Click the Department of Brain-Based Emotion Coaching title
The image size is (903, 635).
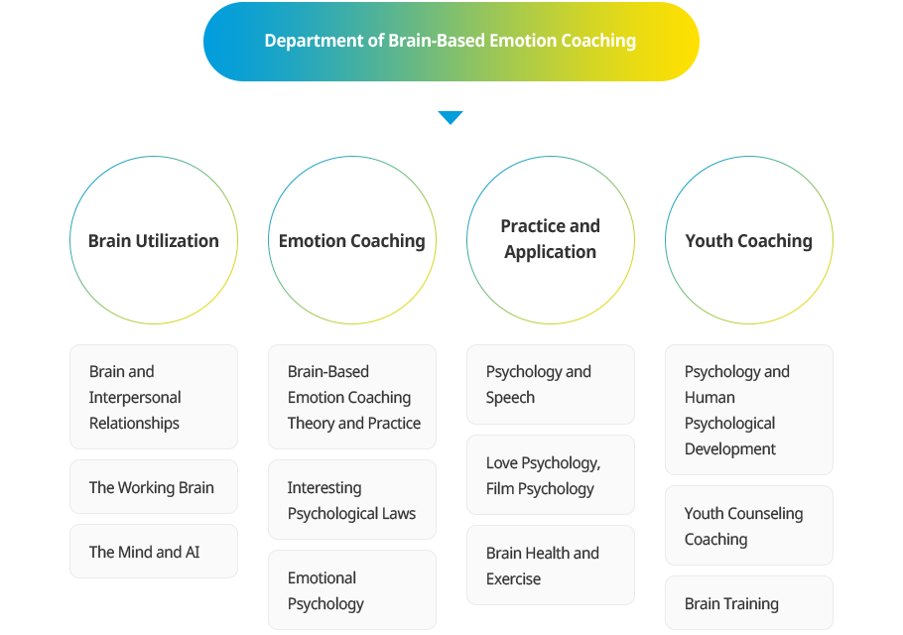[x=451, y=41]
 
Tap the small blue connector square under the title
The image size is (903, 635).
[x=451, y=118]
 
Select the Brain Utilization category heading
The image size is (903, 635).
[x=154, y=240]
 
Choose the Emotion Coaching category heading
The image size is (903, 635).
[x=351, y=240]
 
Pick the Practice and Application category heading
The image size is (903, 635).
[x=551, y=239]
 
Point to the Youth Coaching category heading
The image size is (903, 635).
[x=748, y=240]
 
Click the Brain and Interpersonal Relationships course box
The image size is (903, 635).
[x=154, y=397]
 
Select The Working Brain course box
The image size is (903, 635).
[x=154, y=487]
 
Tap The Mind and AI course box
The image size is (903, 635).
[x=154, y=552]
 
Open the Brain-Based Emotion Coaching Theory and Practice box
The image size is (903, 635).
[x=352, y=397]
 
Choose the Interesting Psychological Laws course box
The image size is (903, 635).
[x=352, y=500]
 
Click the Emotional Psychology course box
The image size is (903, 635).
[x=352, y=590]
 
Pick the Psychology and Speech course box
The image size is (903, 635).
[x=551, y=384]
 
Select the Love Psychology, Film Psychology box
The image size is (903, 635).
[x=551, y=475]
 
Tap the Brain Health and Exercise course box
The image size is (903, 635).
[x=551, y=566]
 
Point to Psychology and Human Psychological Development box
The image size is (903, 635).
[x=749, y=410]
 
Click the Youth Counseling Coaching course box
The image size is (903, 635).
[x=749, y=526]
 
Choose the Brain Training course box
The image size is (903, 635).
[x=749, y=603]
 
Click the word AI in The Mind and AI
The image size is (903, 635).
[x=193, y=552]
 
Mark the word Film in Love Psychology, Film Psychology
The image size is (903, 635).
[x=502, y=488]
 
